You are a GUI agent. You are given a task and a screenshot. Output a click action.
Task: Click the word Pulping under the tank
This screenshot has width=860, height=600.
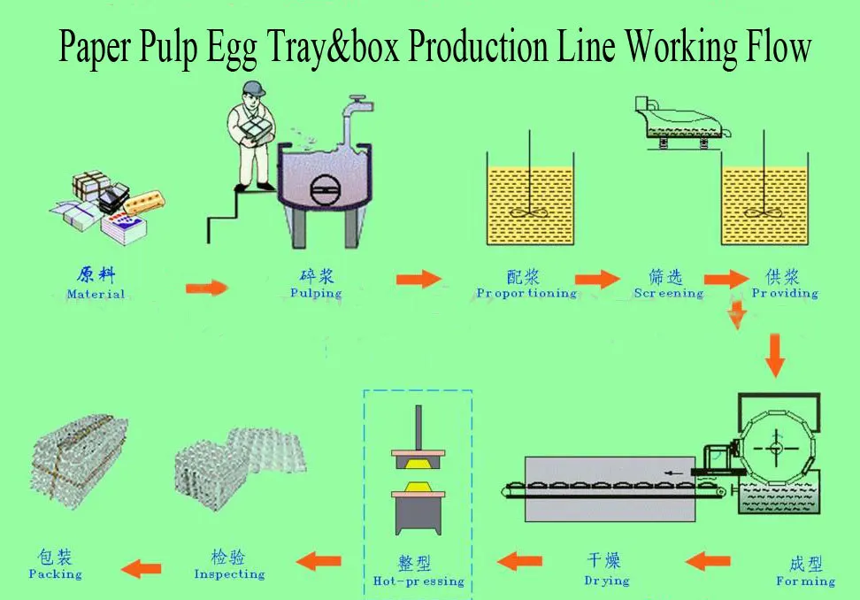pos(316,293)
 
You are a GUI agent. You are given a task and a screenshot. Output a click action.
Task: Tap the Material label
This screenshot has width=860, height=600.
pos(96,294)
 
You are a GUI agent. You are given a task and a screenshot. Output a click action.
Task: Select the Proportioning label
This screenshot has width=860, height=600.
pos(526,293)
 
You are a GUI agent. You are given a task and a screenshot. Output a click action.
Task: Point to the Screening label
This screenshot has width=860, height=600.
pos(668,293)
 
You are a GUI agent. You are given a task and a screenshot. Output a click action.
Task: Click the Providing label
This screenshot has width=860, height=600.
pos(785,293)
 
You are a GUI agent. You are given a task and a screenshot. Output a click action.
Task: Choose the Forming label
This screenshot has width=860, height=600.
pos(805,581)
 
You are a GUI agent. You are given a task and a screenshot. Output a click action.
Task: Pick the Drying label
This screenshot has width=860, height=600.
pos(607,581)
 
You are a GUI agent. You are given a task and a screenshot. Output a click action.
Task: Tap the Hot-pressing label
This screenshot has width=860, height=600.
pos(418,581)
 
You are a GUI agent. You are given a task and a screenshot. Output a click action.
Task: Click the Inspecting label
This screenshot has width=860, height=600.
pos(229,573)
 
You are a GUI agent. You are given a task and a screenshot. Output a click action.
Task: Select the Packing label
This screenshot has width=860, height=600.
pos(55,573)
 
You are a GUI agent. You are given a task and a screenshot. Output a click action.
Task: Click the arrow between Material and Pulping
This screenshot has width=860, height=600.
pos(206,288)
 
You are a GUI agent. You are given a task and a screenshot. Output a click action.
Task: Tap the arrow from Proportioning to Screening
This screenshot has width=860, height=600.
pos(598,280)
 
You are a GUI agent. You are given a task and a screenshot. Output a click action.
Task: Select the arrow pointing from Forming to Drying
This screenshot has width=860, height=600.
pos(707,559)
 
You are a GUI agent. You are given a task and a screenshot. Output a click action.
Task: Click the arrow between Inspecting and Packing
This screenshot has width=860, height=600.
pos(141,566)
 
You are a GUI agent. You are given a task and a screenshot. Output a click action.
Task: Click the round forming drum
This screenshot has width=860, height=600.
pos(776,448)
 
